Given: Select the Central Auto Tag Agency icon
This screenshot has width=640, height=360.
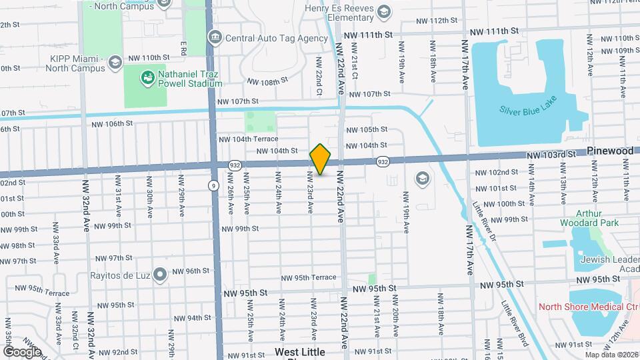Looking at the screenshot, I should point(215,37).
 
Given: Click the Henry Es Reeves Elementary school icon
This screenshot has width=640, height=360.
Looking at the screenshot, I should point(384,11).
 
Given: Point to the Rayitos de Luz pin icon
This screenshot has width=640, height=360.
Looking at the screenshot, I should point(159,274).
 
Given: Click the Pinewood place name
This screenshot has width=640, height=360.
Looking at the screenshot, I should point(611,151).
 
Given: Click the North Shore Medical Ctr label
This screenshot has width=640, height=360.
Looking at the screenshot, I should point(586,307).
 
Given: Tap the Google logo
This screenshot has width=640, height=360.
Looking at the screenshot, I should point(21,351).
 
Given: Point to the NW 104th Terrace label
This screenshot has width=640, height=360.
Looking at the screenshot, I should point(248,139).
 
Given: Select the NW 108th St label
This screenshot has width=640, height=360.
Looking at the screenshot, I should point(267,81).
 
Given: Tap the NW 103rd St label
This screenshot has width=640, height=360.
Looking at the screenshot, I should point(550,154).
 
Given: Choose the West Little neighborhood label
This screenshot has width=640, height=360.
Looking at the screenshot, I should point(300,351).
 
